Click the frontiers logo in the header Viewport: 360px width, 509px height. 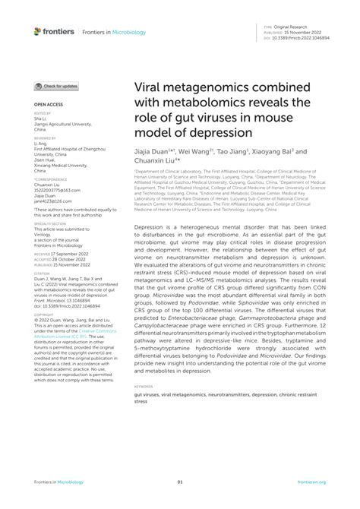pos(53,31)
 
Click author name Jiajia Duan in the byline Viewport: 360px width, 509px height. pos(154,151)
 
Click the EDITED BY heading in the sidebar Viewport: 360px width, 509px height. pos(42,113)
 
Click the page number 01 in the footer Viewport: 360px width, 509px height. pos(180,482)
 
